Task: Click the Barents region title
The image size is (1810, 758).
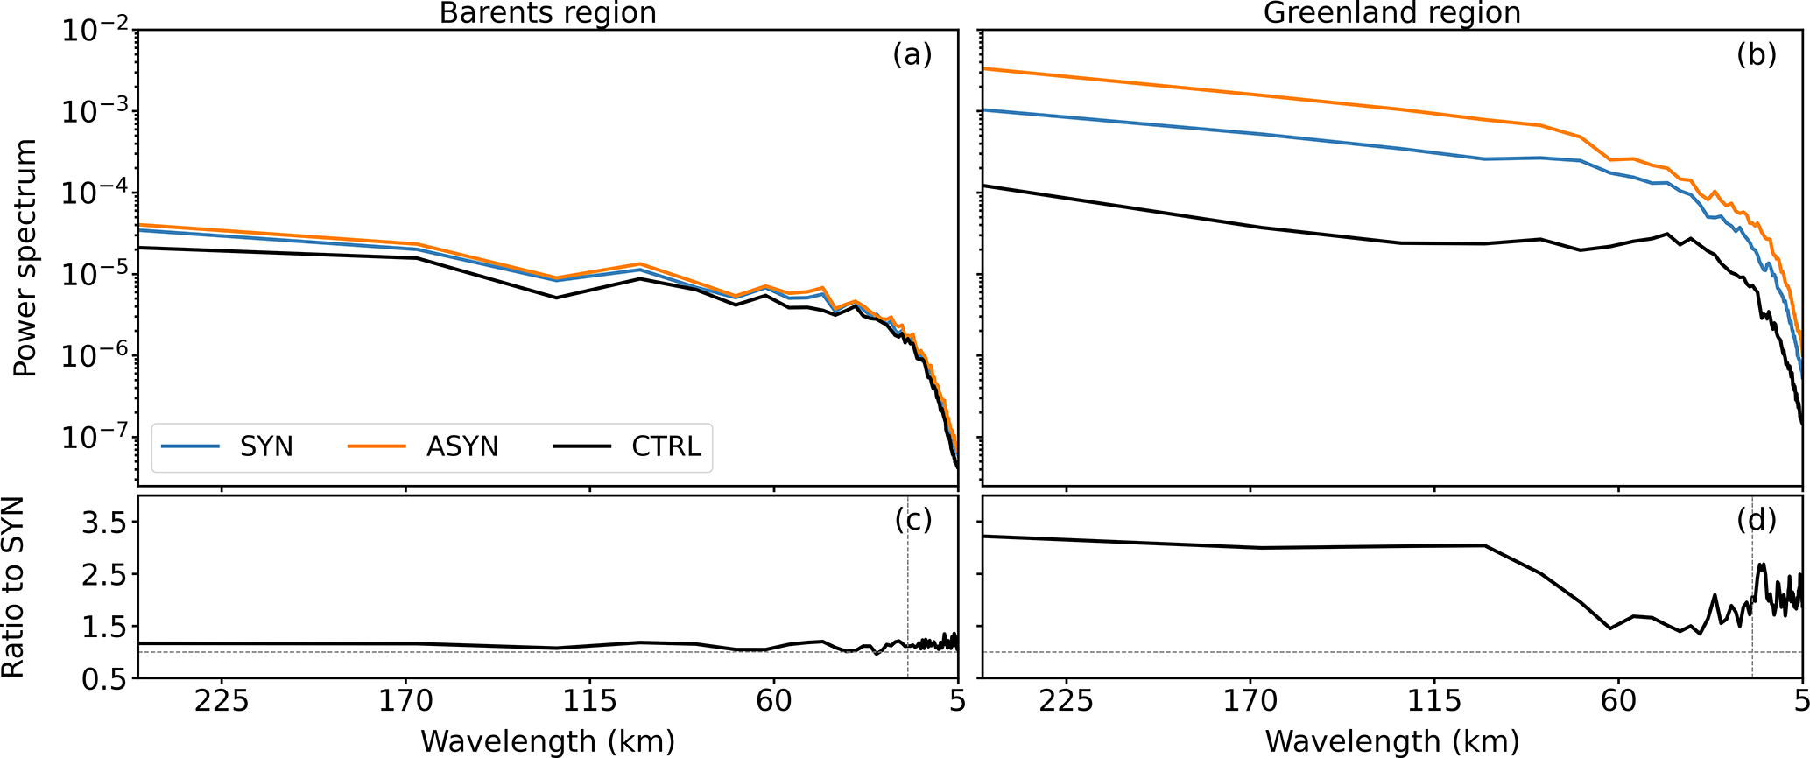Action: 547,13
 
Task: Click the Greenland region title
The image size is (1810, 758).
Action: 1391,13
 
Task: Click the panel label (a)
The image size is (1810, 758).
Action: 912,55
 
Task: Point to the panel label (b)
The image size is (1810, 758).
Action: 1757,55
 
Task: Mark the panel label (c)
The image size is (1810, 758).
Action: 912,520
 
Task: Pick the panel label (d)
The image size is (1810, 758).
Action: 1757,520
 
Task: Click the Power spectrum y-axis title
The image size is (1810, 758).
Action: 26,257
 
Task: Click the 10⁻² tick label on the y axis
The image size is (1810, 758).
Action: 95,32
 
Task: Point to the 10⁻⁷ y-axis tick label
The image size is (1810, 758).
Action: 95,438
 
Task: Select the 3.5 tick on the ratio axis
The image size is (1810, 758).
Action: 103,523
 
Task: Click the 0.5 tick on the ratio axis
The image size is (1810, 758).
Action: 103,679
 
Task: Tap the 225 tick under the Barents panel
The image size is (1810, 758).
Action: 222,702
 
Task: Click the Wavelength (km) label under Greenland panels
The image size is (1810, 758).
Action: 1391,740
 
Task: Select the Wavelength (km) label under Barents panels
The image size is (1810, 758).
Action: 547,740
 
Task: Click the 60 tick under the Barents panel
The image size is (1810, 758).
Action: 774,702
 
